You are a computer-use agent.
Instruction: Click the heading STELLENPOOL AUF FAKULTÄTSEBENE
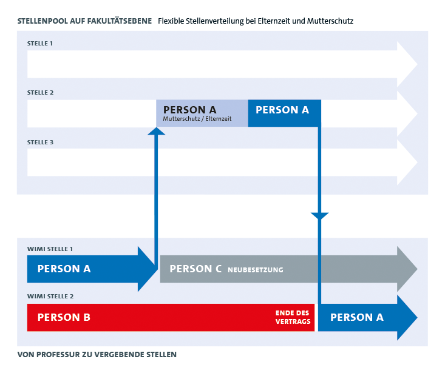pyautogui.click(x=84, y=21)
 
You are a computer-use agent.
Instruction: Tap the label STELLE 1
pyautogui.click(x=39, y=44)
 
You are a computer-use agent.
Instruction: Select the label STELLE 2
pyautogui.click(x=40, y=92)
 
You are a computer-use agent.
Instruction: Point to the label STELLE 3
pyautogui.click(x=40, y=142)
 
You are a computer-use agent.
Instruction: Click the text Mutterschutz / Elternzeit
pyautogui.click(x=197, y=119)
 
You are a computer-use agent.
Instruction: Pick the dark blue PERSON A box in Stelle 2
pyautogui.click(x=285, y=113)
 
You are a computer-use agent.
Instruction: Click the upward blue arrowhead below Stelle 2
pyautogui.click(x=157, y=131)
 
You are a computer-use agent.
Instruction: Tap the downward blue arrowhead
pyautogui.click(x=319, y=216)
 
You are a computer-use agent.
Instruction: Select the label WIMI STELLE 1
pyautogui.click(x=50, y=249)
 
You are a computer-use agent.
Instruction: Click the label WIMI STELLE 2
pyautogui.click(x=50, y=297)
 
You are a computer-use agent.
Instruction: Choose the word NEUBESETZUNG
pyautogui.click(x=256, y=270)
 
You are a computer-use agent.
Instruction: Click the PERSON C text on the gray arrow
pyautogui.click(x=195, y=269)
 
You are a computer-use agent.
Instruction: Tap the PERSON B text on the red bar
pyautogui.click(x=64, y=317)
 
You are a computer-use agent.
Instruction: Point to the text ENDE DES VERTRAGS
pyautogui.click(x=293, y=317)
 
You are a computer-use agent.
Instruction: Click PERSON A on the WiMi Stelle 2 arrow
pyautogui.click(x=357, y=317)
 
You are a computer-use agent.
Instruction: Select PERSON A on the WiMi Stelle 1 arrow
pyautogui.click(x=64, y=269)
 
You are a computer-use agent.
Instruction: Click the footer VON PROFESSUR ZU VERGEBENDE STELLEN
pyautogui.click(x=97, y=355)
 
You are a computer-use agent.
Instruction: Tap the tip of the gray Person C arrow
pyautogui.click(x=417, y=269)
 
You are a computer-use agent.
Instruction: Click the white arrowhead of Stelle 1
pyautogui.click(x=407, y=64)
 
